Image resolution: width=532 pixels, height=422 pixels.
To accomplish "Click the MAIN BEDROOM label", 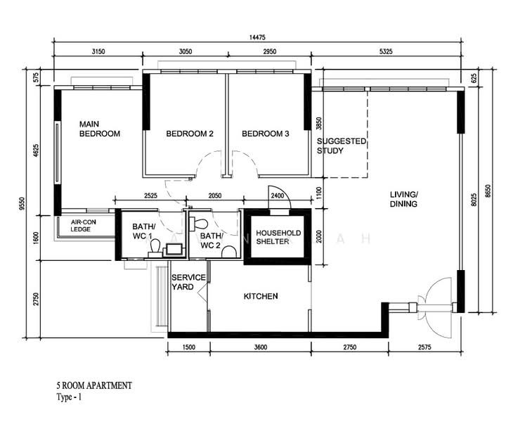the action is pyautogui.click(x=100, y=129).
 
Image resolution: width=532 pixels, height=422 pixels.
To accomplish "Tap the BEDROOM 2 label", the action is pyautogui.click(x=190, y=134).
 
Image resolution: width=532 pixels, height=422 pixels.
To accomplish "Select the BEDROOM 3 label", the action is pyautogui.click(x=266, y=134).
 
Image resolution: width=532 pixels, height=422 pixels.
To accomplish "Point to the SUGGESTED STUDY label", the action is pyautogui.click(x=342, y=146).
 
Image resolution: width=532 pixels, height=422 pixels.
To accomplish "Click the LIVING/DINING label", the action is pyautogui.click(x=404, y=199).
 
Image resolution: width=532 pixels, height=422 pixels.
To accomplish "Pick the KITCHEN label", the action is pyautogui.click(x=261, y=296).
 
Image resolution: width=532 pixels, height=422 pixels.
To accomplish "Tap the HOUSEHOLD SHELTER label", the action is pyautogui.click(x=278, y=237).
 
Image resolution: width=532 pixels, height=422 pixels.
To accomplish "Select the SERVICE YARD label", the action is pyautogui.click(x=188, y=282).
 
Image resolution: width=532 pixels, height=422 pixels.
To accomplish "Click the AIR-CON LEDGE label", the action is pyautogui.click(x=83, y=226).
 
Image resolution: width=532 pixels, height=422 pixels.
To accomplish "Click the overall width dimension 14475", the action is pyautogui.click(x=257, y=37).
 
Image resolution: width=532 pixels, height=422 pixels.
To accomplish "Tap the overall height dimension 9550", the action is pyautogui.click(x=22, y=204).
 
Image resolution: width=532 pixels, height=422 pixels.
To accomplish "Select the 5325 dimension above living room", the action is pyautogui.click(x=386, y=51).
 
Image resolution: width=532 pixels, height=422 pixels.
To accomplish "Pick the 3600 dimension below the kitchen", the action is pyautogui.click(x=261, y=347).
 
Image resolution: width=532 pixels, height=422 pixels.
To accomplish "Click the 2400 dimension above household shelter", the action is pyautogui.click(x=277, y=196).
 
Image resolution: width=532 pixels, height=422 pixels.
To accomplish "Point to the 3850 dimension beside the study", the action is pyautogui.click(x=318, y=124).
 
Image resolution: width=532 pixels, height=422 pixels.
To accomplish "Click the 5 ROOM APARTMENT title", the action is pyautogui.click(x=94, y=385).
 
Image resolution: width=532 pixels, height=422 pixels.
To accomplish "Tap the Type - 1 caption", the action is pyautogui.click(x=69, y=397).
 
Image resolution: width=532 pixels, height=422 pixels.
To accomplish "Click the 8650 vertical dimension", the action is pyautogui.click(x=488, y=191).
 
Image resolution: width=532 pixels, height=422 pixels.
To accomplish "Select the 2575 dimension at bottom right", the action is pyautogui.click(x=424, y=347).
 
